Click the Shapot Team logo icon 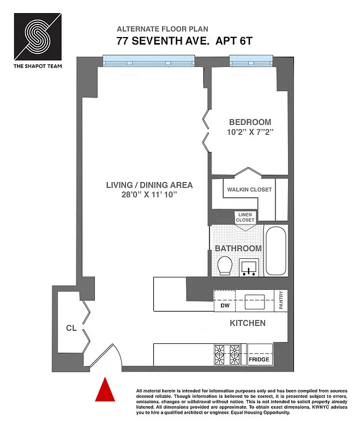coord(37,36)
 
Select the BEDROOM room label coord(250,122)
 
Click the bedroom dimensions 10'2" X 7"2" coord(250,132)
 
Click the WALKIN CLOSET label coord(249,189)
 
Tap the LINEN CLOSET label coord(245,217)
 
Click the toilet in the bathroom coord(224,265)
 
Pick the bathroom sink coord(250,268)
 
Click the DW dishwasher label coord(225,306)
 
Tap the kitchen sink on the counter coord(255,300)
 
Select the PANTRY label coord(281,300)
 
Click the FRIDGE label coord(259,360)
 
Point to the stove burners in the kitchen coord(228,354)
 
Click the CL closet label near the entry coord(70,328)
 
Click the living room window coord(148,61)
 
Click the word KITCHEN coord(247,323)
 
